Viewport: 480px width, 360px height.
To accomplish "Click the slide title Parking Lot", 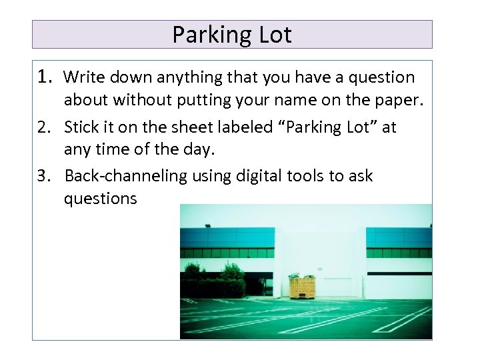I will pos(232,35).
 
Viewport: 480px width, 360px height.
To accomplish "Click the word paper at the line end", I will pos(401,101).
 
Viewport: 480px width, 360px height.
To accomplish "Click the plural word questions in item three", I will pos(100,199).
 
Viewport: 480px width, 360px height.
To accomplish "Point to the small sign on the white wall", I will pos(319,269).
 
